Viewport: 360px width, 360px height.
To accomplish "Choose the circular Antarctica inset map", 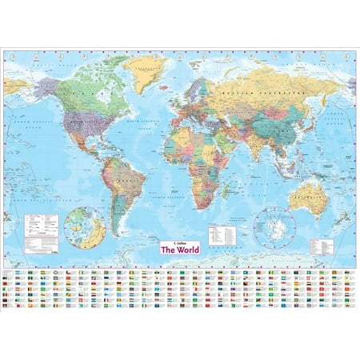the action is point(274,227).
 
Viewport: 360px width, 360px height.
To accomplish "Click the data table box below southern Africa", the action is point(222,231).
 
